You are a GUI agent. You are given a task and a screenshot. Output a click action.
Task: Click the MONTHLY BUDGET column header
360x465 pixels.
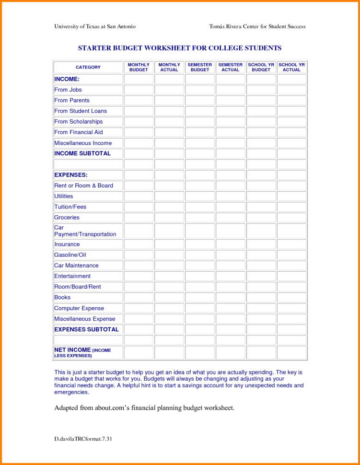point(139,67)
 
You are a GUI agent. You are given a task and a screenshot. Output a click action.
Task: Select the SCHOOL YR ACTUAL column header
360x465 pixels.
point(291,67)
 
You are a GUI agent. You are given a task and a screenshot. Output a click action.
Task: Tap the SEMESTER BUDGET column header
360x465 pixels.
point(200,67)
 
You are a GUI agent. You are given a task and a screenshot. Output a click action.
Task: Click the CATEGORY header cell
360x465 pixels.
point(88,67)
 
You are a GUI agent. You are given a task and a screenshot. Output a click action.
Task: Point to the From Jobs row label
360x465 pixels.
point(68,90)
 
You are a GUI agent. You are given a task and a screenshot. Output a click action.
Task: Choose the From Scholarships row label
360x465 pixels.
point(78,122)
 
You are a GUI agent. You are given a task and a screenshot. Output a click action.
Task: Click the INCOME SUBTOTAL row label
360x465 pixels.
point(82,153)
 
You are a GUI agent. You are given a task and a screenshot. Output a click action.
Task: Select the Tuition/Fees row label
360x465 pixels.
point(70,207)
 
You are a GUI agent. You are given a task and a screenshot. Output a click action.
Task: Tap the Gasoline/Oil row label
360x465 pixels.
point(70,255)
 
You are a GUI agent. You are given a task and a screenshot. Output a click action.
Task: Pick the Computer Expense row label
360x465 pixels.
point(79,308)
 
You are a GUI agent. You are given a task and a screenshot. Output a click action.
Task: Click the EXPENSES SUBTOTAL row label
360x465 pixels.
point(86,329)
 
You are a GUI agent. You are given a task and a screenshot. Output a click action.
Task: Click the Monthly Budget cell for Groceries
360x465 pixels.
point(139,218)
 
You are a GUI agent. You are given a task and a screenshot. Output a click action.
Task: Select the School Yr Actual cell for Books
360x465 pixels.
point(291,298)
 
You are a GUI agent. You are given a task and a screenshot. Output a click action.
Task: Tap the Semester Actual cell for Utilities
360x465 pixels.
point(231,197)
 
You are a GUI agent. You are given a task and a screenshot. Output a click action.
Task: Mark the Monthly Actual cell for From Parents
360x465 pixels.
point(169,101)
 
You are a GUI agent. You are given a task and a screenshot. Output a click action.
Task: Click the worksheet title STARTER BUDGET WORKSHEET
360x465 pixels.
point(180,48)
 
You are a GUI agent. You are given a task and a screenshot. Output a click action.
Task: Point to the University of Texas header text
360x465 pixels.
point(94,26)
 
